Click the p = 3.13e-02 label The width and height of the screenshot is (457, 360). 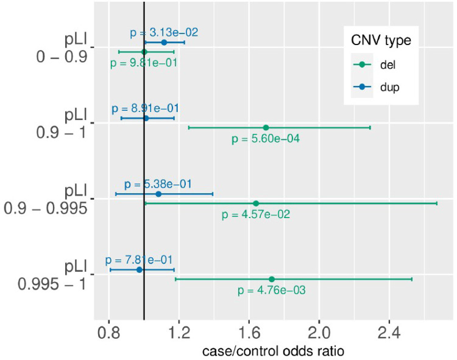click(164, 33)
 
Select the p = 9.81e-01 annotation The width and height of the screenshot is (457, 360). click(144, 63)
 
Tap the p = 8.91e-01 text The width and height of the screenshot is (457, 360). click(145, 108)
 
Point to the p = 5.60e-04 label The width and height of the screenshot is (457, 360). click(266, 139)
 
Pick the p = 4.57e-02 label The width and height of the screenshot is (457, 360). click(256, 214)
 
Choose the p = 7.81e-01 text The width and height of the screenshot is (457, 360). click(138, 259)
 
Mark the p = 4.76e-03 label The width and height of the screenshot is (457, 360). click(272, 291)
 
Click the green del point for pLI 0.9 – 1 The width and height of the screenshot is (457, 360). click(266, 127)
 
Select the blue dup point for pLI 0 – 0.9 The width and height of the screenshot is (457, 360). click(164, 43)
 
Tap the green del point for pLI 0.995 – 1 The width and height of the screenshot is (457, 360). click(272, 279)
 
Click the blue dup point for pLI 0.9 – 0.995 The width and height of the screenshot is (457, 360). click(158, 194)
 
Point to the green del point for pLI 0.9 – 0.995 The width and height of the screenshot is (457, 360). click(256, 203)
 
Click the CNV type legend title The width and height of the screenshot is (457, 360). click(380, 40)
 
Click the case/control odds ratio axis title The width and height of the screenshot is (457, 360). click(272, 351)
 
